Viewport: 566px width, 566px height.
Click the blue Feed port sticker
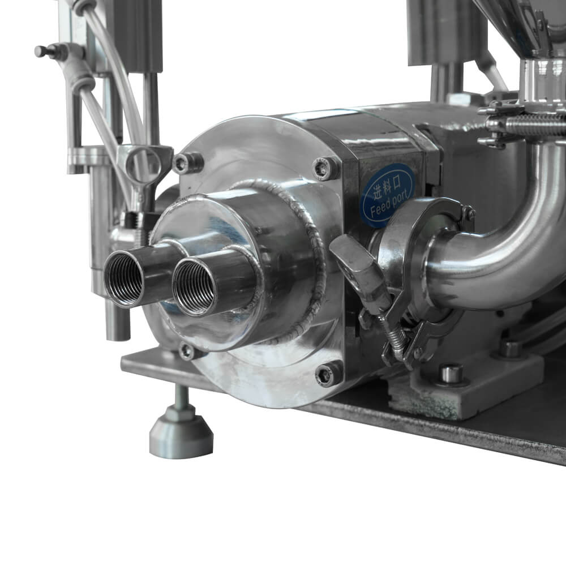click(x=388, y=195)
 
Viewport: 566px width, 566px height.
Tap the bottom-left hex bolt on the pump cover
click(x=187, y=350)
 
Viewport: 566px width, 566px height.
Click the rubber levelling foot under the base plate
click(x=181, y=431)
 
